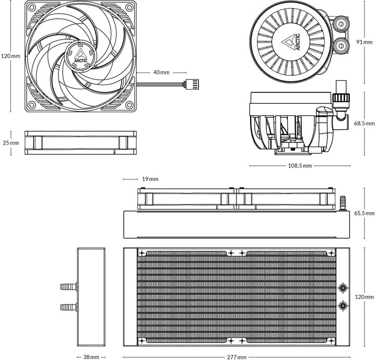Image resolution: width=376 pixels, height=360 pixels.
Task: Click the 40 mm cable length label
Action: pos(161,73)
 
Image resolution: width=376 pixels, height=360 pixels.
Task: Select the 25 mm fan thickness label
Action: pos(10,143)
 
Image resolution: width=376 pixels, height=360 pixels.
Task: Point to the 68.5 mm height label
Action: pos(365,124)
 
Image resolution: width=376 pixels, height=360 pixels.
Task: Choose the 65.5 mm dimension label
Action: pos(365,213)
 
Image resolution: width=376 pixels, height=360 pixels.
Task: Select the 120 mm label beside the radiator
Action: pos(365,296)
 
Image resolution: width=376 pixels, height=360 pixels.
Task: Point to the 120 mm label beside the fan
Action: pos(10,56)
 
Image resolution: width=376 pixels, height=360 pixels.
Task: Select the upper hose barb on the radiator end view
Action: pos(68,286)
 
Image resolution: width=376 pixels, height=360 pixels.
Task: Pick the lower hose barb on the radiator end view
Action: pos(68,306)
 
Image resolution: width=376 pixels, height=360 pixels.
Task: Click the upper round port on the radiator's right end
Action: pos(343,288)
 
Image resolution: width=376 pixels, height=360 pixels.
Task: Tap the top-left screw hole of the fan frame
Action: pos(31,7)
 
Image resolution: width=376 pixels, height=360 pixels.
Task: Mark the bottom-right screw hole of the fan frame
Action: pos(129,105)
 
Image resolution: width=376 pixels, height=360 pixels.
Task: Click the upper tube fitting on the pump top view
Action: pos(342,25)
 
